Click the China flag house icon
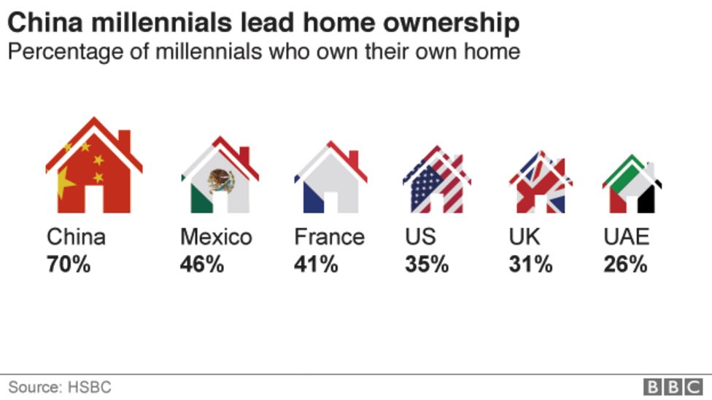pyautogui.click(x=93, y=169)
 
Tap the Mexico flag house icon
pyautogui.click(x=220, y=178)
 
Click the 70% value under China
pyautogui.click(x=69, y=264)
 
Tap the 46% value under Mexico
pyautogui.click(x=202, y=264)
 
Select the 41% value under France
pyautogui.click(x=316, y=264)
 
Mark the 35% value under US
pyautogui.click(x=427, y=264)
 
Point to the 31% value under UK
pyautogui.click(x=530, y=264)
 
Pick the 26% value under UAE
pyautogui.click(x=625, y=264)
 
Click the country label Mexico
pyautogui.click(x=216, y=237)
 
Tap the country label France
pyautogui.click(x=329, y=237)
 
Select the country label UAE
pyautogui.click(x=626, y=237)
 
